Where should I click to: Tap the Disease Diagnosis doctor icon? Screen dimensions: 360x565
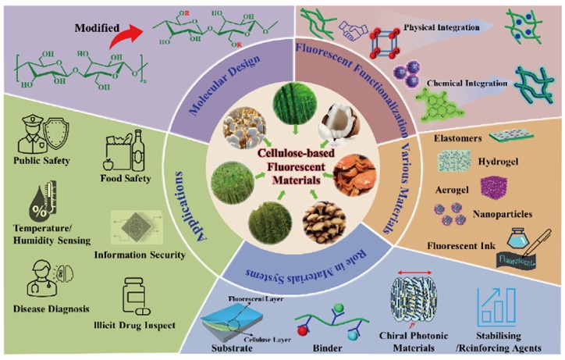point(39,280)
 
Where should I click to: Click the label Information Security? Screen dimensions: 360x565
point(139,255)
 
